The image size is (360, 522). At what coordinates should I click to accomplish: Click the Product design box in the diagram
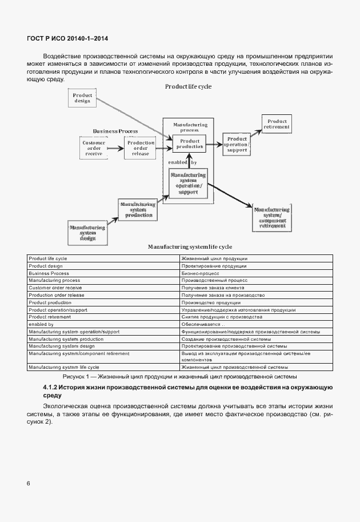pyautogui.click(x=83, y=98)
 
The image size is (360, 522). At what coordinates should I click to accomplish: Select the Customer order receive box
pyautogui.click(x=94, y=148)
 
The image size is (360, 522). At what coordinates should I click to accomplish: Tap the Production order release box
pyautogui.click(x=141, y=148)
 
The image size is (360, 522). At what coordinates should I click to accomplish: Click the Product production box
pyautogui.click(x=189, y=144)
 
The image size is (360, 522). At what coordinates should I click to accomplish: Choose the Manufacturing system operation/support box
pyautogui.click(x=188, y=184)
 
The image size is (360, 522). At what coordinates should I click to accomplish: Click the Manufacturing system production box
pyautogui.click(x=138, y=209)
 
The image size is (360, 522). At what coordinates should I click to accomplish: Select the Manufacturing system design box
pyautogui.click(x=87, y=232)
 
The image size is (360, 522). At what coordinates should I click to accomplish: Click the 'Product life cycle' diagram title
pyautogui.click(x=188, y=86)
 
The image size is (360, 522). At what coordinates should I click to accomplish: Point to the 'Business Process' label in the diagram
pyautogui.click(x=115, y=131)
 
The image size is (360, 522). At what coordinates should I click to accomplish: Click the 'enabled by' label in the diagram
pyautogui.click(x=186, y=162)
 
